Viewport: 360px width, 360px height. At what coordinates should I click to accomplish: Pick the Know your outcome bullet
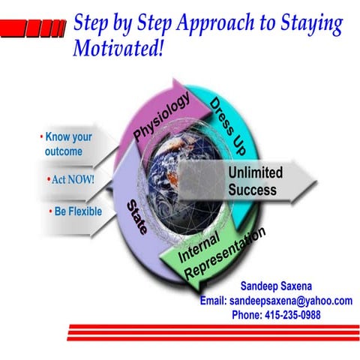[x=70, y=145]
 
